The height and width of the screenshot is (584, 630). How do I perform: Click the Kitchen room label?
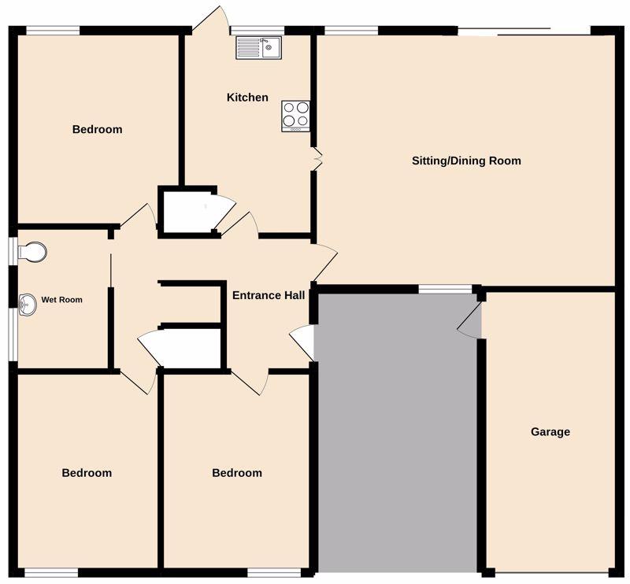click(247, 97)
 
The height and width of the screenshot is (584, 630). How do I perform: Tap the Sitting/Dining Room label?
click(466, 161)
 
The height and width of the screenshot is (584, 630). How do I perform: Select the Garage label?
click(550, 432)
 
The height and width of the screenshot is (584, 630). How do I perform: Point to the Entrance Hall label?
click(269, 295)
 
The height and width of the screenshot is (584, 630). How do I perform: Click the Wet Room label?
click(62, 300)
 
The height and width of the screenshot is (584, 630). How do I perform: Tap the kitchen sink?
click(259, 48)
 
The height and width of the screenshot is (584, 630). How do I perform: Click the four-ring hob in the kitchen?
click(296, 116)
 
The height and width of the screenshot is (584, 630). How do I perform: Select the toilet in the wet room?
click(32, 252)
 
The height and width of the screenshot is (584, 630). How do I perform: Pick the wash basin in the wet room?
click(28, 305)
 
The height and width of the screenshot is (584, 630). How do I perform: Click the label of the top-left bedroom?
click(97, 129)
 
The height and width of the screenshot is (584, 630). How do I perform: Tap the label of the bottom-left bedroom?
click(87, 473)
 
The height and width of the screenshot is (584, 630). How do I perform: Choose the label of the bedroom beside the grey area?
click(237, 473)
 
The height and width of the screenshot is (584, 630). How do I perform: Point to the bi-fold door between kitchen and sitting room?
click(317, 159)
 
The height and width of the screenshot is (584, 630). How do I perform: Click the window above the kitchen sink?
click(258, 31)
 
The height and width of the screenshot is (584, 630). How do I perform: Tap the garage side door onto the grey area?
click(470, 320)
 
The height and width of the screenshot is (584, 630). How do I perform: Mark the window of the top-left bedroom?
click(53, 31)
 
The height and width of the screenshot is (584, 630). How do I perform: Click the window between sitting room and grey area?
click(445, 289)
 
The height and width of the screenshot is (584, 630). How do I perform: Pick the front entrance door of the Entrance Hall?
click(302, 342)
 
